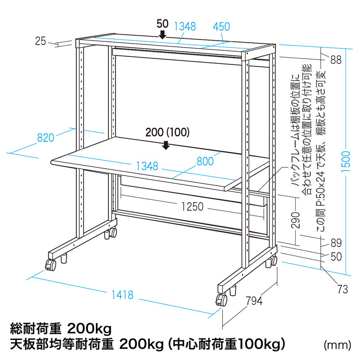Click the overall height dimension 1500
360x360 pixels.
pyautogui.click(x=346, y=162)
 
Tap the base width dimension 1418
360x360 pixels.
pyautogui.click(x=122, y=295)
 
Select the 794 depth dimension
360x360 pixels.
pyautogui.click(x=254, y=301)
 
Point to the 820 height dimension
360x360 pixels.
pyautogui.click(x=46, y=138)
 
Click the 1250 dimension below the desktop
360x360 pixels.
pyautogui.click(x=193, y=207)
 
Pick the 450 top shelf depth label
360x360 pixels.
pyautogui.click(x=221, y=27)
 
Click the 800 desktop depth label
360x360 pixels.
pyautogui.click(x=205, y=162)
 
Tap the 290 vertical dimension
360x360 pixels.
pyautogui.click(x=296, y=220)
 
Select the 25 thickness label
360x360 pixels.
pyautogui.click(x=40, y=41)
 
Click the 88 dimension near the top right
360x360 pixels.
pyautogui.click(x=336, y=60)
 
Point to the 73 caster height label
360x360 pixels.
pyautogui.click(x=342, y=289)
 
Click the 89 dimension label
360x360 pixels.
pyautogui.click(x=336, y=243)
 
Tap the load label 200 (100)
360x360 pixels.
pyautogui.click(x=167, y=132)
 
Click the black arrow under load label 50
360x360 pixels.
pyautogui.click(x=162, y=35)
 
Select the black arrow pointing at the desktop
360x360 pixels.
pyautogui.click(x=166, y=145)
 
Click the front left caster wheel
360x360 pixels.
pyautogui.click(x=51, y=265)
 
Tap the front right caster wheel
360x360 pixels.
pyautogui.click(x=221, y=300)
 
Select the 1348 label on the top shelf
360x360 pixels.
pyautogui.click(x=185, y=27)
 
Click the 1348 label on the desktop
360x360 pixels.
pyautogui.click(x=147, y=166)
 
